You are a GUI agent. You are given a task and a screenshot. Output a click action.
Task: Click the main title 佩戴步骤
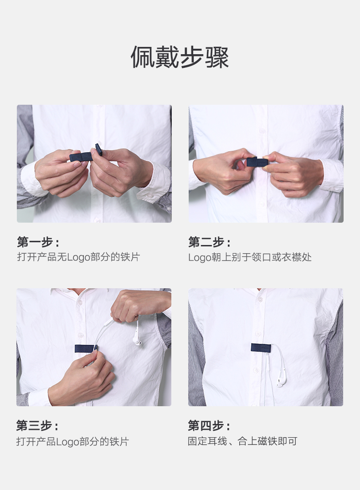(x=180, y=57)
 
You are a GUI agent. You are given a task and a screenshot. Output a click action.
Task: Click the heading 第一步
(x=38, y=242)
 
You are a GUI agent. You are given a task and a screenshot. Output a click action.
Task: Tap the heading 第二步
(x=209, y=242)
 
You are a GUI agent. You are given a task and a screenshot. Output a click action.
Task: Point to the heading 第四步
(x=209, y=426)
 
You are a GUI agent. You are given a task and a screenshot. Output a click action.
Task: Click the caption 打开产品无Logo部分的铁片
(x=78, y=257)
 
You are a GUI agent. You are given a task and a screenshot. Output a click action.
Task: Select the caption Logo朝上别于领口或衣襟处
(x=250, y=257)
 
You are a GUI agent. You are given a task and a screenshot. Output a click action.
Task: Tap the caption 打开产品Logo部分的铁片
(x=73, y=441)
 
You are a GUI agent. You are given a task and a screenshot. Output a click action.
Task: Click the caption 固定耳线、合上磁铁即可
(x=242, y=441)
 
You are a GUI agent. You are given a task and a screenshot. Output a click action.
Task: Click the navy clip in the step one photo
(x=81, y=157)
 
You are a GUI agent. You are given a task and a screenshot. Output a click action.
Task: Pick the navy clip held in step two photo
(x=257, y=162)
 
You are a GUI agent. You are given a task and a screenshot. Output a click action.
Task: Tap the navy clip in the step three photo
(x=85, y=348)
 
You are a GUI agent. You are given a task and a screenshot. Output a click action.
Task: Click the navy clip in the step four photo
(x=261, y=347)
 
